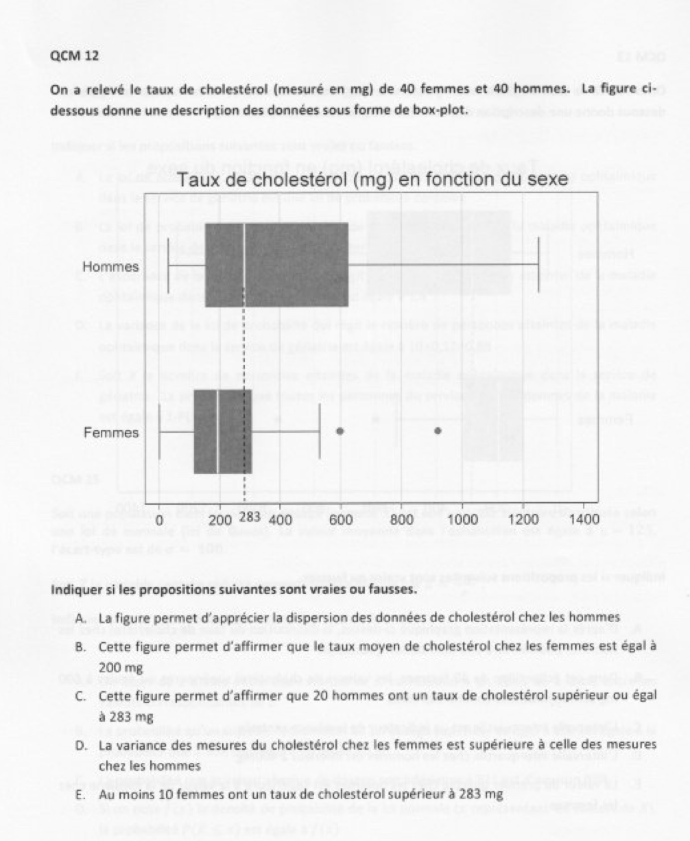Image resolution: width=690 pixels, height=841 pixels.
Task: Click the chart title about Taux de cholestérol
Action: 374,181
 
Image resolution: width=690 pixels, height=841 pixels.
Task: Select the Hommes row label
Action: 110,266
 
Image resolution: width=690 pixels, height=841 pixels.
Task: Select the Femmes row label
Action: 110,432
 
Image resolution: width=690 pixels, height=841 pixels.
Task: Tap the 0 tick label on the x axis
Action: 159,519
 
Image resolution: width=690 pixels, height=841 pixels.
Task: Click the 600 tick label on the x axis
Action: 342,519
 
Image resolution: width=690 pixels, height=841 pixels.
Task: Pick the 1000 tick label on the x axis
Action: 462,519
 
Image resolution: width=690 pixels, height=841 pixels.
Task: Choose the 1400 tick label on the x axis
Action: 584,519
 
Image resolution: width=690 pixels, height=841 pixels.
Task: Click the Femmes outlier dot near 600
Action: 340,431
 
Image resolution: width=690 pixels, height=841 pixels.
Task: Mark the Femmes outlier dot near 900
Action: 438,431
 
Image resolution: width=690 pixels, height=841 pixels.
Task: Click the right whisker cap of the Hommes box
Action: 539,264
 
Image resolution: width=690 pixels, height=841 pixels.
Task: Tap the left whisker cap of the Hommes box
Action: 169,264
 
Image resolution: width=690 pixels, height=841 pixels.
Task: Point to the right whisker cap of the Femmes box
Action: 320,432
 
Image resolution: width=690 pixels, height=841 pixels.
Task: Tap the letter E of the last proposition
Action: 80,795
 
